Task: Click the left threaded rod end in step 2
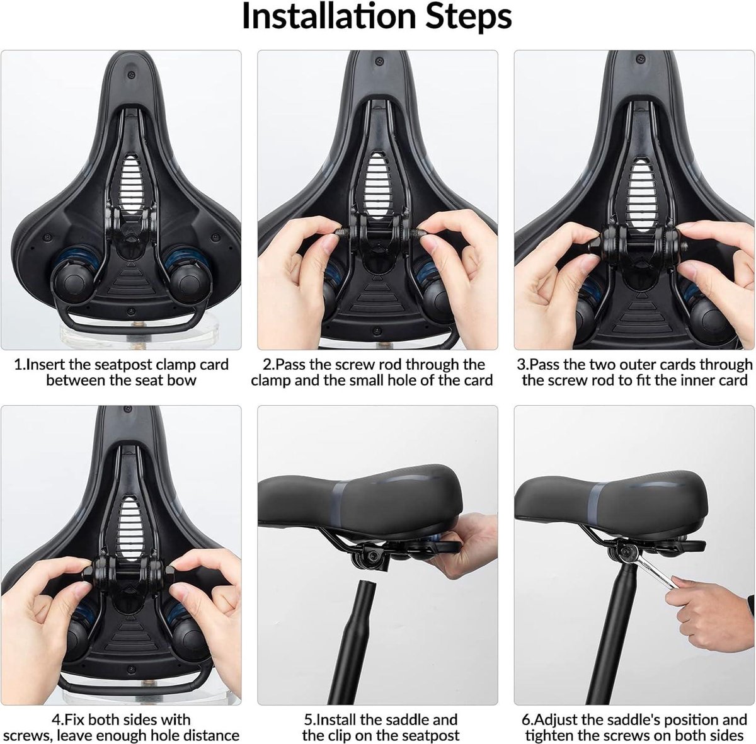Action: (x=341, y=232)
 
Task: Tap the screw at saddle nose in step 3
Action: (x=641, y=59)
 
